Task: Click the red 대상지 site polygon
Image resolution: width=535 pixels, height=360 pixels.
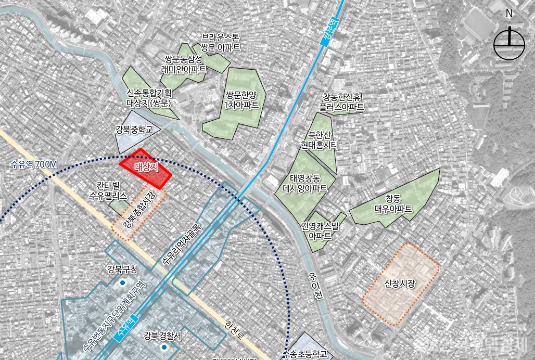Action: (145, 168)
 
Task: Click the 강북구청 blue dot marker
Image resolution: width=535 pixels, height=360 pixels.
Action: (122, 282)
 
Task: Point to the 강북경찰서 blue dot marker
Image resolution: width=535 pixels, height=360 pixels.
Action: (163, 347)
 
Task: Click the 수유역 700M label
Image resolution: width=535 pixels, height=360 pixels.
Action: (32, 165)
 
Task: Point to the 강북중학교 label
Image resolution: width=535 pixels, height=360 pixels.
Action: (134, 129)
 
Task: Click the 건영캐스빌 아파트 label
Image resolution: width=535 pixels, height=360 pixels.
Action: (320, 230)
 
